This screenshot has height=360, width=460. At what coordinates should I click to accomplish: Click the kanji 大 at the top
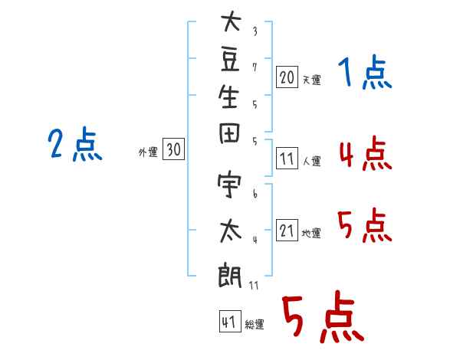tap(230, 22)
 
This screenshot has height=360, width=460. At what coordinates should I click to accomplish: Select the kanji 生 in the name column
tap(230, 99)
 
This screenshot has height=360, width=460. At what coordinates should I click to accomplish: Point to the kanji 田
tap(230, 139)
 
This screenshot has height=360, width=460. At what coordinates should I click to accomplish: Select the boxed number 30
tap(173, 151)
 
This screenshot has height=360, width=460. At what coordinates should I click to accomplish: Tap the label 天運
tap(311, 80)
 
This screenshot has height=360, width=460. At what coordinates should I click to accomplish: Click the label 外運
tap(148, 152)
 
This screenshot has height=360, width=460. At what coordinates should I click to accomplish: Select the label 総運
tap(255, 325)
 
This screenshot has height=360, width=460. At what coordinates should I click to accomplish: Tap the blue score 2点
tap(75, 145)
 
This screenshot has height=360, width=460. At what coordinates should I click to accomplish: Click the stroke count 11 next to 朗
tap(254, 285)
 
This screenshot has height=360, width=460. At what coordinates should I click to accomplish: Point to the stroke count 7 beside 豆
tap(255, 67)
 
